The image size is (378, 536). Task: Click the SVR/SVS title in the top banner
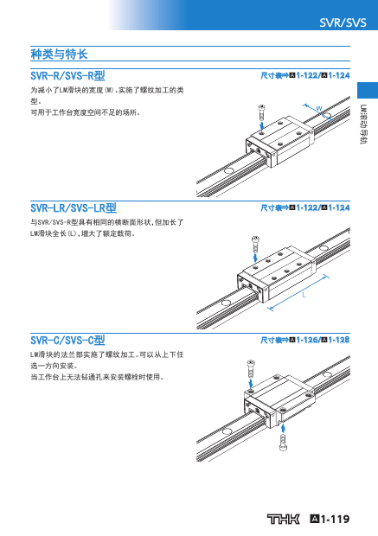coord(343,22)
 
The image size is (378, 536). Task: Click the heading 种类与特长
coord(59,54)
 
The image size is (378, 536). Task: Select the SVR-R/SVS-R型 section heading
coord(67,75)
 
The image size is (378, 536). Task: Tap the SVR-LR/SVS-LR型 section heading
coord(74,207)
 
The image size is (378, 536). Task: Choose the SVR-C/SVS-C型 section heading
coord(67,340)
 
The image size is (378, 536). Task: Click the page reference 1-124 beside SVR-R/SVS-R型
coord(339,75)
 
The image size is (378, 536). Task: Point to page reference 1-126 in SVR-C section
coord(308,340)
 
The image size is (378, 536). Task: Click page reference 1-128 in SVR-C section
coord(339,340)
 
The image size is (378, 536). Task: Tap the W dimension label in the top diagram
coord(319,109)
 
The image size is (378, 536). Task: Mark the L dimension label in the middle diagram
coord(304,295)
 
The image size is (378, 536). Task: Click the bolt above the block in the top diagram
coord(262,112)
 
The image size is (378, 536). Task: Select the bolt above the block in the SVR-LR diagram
coord(255,244)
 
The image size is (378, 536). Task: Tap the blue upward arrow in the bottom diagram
coord(283,428)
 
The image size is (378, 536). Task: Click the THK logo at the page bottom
coord(283,519)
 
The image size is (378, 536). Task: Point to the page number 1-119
coord(330,519)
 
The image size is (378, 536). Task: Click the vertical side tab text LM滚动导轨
coord(363,124)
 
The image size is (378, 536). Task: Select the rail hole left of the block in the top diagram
coord(229,170)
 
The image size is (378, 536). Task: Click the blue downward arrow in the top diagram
coord(262,126)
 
